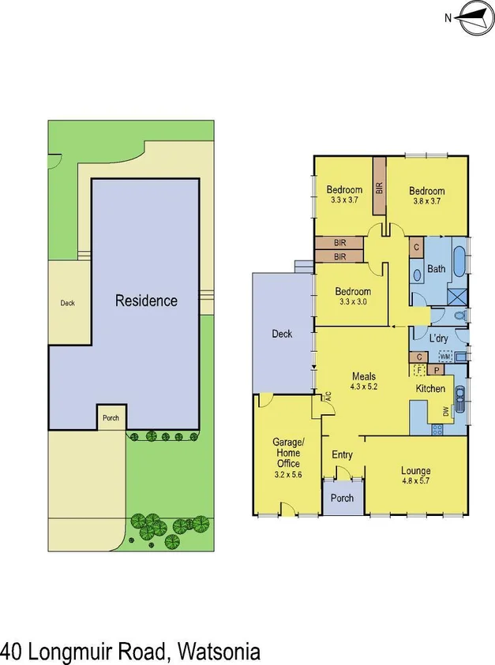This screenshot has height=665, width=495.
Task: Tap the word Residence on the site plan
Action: pyautogui.click(x=146, y=301)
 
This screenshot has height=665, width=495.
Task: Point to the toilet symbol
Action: pyautogui.click(x=462, y=316)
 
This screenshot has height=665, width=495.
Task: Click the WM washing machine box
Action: pyautogui.click(x=444, y=357)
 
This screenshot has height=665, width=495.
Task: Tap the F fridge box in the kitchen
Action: pyautogui.click(x=419, y=370)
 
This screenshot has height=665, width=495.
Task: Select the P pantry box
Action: pyautogui.click(x=437, y=370)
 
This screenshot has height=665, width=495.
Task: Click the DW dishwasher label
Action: pyautogui.click(x=447, y=410)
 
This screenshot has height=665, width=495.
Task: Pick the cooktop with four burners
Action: pyautogui.click(x=436, y=430)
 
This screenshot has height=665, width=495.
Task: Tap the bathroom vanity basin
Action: pyautogui.click(x=417, y=276)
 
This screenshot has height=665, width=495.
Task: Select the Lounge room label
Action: pyautogui.click(x=415, y=471)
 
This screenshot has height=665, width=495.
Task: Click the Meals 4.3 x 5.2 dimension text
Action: pyautogui.click(x=364, y=387)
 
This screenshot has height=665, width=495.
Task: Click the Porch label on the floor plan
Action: pyautogui.click(x=342, y=498)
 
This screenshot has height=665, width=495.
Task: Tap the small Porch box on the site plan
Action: pyautogui.click(x=111, y=417)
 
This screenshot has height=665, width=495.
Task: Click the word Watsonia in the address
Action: pyautogui.click(x=219, y=652)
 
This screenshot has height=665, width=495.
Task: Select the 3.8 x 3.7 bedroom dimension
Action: pyautogui.click(x=426, y=201)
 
